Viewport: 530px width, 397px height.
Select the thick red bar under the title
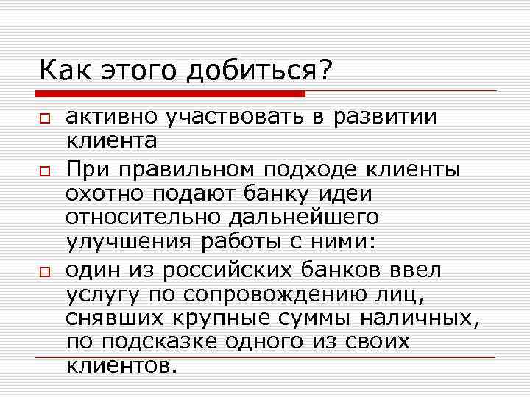coord(173,94)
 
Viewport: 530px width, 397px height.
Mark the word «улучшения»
coord(126,243)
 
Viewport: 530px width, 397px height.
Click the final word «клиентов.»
coord(121,365)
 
